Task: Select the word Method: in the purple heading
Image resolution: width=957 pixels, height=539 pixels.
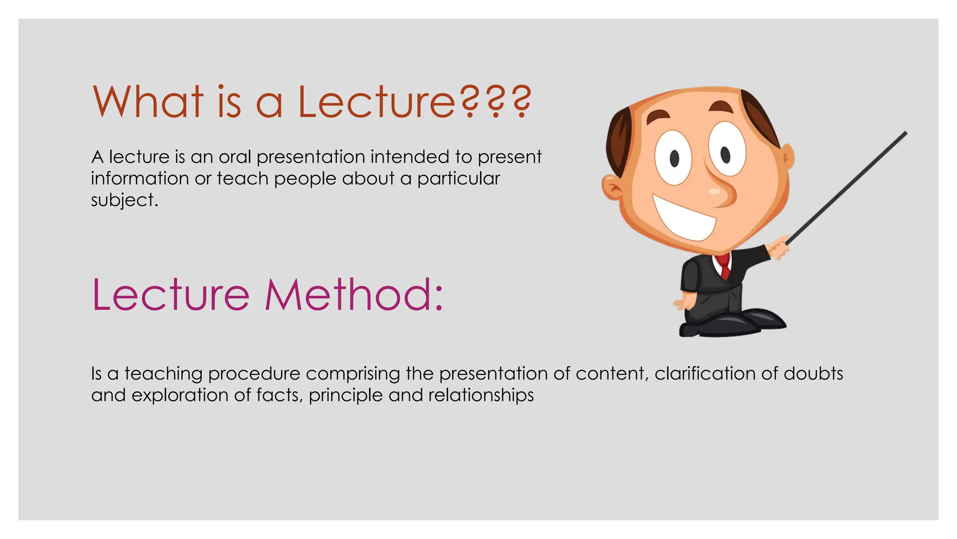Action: [354, 295]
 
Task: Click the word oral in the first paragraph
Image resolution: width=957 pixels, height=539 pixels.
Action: [235, 157]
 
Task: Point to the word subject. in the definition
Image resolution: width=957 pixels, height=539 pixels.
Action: [124, 200]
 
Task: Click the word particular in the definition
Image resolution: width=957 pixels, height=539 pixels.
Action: [458, 179]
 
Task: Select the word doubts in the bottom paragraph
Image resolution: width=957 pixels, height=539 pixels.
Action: [813, 373]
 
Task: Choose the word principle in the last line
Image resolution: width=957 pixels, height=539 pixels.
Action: [345, 396]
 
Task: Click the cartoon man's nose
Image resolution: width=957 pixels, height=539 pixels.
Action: [720, 192]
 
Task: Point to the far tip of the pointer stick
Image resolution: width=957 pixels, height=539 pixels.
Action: [906, 133]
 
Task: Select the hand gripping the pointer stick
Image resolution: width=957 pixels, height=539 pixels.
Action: [778, 248]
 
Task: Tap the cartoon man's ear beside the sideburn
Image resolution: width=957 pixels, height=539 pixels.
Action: [612, 187]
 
